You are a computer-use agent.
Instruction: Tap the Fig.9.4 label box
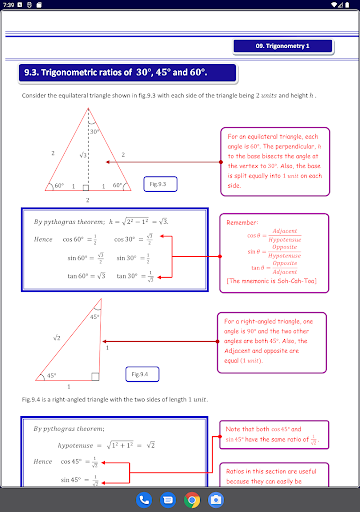coord(141,373)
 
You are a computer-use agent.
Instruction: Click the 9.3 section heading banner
coord(129,73)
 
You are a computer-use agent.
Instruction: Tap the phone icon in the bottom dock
coord(144,498)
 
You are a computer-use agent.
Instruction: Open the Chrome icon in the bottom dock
coord(192,498)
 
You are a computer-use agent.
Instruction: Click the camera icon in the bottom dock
coord(216,498)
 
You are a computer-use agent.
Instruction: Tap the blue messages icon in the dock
coord(168,498)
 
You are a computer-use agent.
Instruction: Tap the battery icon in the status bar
coord(351,5)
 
